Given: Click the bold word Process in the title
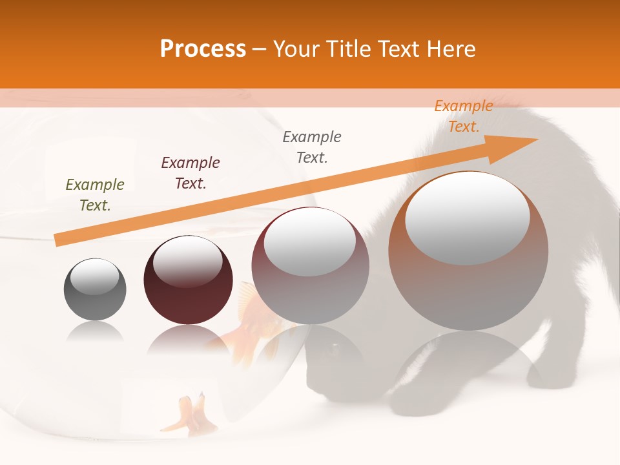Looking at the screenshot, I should click(203, 49).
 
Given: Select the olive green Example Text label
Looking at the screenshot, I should click(95, 195).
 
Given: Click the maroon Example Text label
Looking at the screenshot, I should click(191, 173).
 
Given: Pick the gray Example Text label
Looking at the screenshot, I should click(312, 147).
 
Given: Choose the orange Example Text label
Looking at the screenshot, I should click(464, 116).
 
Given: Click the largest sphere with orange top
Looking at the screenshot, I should click(468, 284).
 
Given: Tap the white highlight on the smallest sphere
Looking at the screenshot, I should click(94, 276).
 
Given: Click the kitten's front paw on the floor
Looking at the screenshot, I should click(413, 397).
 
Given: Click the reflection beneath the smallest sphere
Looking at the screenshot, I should click(95, 333).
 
